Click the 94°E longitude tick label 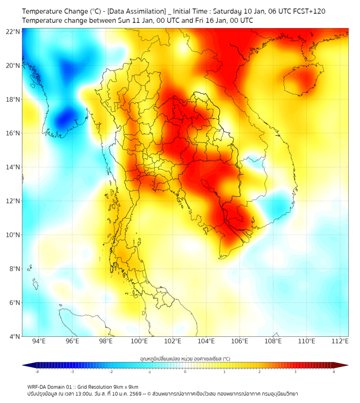click(x=39, y=341)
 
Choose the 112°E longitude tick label click(x=340, y=341)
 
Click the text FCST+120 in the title click(x=308, y=11)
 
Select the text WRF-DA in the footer click(x=37, y=386)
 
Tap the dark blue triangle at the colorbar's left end click(x=26, y=365)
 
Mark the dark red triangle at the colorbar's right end click(x=345, y=365)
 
